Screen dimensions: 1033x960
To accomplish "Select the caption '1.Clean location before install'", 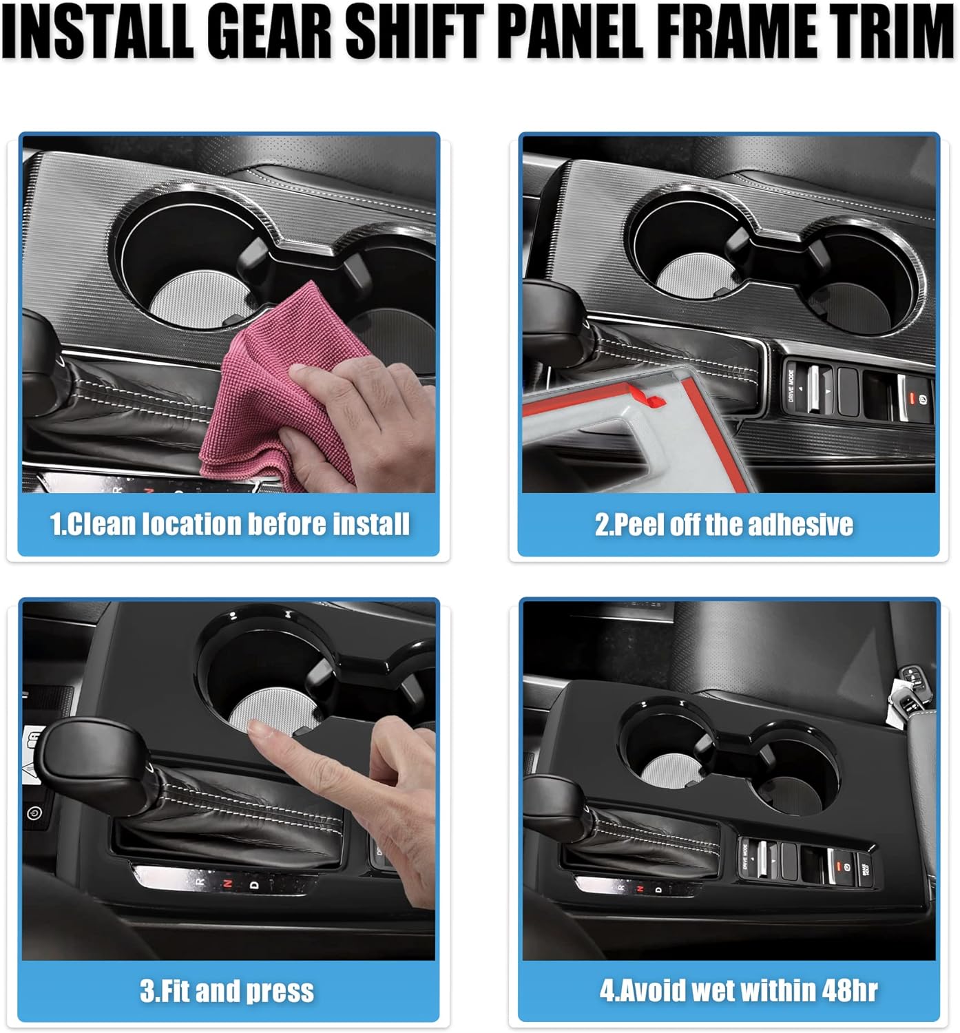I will (229, 524).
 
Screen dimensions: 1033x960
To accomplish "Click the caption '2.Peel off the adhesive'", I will (724, 524).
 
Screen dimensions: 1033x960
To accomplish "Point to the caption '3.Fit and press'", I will (227, 991).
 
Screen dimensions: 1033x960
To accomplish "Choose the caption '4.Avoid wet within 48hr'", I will (738, 990).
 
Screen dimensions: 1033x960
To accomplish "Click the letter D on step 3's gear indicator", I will (253, 884).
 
